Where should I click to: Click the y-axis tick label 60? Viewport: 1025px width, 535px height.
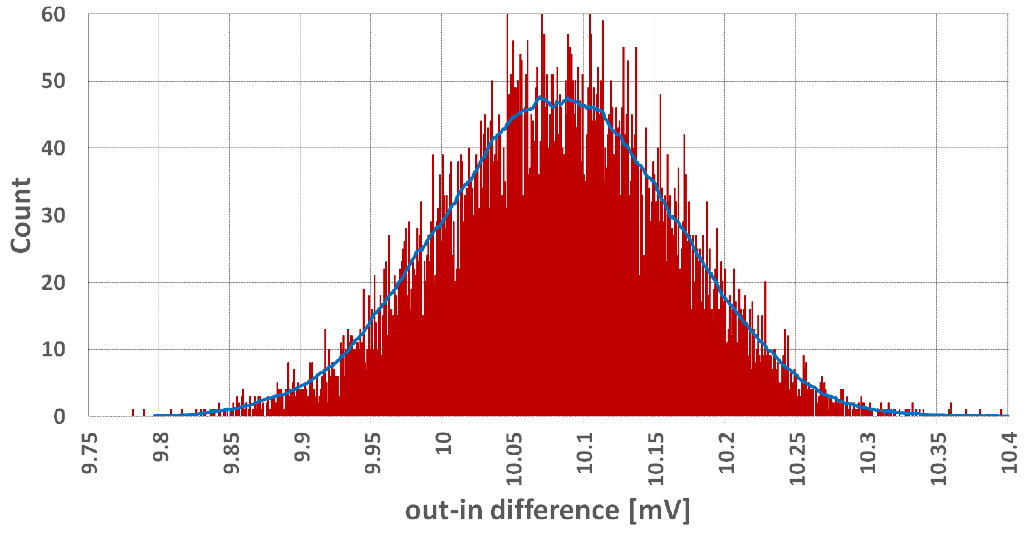tap(53, 15)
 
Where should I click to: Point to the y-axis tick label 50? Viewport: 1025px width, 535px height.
tap(53, 82)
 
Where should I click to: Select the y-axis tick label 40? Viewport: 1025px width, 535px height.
tap(53, 148)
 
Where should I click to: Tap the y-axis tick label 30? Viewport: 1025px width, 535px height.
tap(53, 216)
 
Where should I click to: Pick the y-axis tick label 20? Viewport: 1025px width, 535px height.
tap(53, 283)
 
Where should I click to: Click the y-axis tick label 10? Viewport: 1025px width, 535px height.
tap(53, 350)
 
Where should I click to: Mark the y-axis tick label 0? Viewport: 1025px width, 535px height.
tap(59, 417)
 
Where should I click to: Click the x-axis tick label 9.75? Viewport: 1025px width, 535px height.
tap(90, 454)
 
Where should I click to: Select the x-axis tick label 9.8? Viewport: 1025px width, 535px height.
tap(161, 448)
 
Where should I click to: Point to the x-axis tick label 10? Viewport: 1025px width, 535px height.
tap(443, 443)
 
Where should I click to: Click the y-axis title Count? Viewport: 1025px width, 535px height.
tap(21, 215)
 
